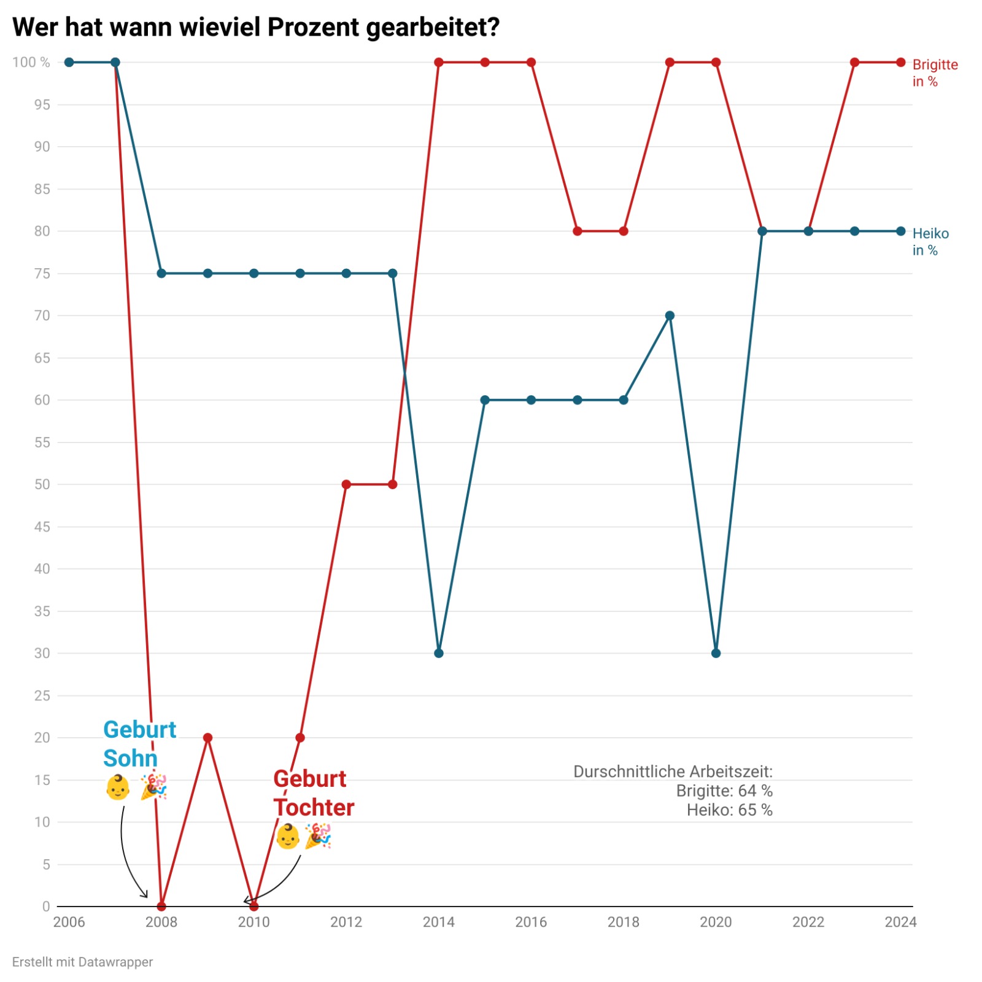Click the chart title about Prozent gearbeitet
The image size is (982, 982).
coord(256,28)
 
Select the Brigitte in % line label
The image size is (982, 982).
coord(934,73)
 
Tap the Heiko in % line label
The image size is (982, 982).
coord(930,242)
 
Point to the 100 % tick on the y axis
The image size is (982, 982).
coord(31,63)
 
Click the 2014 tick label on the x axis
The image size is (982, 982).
coord(439,922)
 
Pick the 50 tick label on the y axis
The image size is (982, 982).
coord(42,484)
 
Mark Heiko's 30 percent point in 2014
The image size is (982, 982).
coord(439,653)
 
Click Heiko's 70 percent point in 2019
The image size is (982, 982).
coord(670,315)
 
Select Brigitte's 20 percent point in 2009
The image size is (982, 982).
coord(207,737)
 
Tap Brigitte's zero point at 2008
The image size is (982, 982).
coord(161,906)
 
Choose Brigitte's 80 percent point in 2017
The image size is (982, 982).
coord(578,231)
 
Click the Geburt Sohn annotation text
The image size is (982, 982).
coord(139,744)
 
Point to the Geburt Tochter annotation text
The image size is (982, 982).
coord(314,793)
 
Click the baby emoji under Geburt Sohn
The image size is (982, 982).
coord(118,787)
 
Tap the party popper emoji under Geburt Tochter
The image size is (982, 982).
coord(318,836)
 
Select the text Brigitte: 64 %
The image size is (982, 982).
coord(724,791)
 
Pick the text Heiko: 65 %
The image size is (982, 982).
coord(729,810)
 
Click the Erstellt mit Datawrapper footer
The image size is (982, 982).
coord(82,962)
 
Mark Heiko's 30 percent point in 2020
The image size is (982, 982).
coord(716,653)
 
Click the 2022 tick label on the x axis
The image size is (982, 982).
coord(808,922)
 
